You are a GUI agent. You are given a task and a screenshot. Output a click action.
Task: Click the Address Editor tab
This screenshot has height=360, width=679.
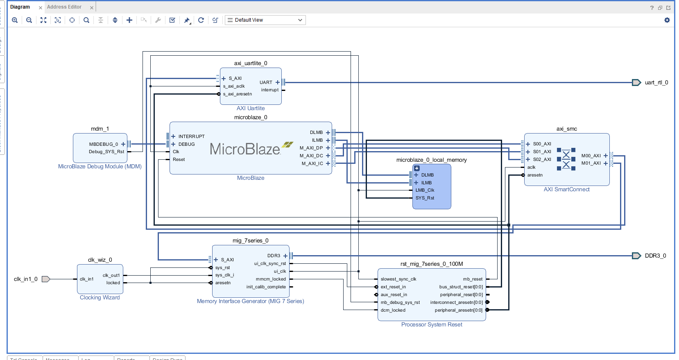pyautogui.click(x=64, y=7)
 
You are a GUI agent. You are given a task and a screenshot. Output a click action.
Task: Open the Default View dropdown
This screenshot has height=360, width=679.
pyautogui.click(x=265, y=20)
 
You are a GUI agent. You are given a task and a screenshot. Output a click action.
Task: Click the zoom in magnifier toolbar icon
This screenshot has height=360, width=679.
pyautogui.click(x=15, y=20)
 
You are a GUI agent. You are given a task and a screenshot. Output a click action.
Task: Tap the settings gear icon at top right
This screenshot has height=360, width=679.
pyautogui.click(x=667, y=20)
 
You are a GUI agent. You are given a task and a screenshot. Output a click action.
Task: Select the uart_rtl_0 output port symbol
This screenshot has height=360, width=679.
pyautogui.click(x=636, y=83)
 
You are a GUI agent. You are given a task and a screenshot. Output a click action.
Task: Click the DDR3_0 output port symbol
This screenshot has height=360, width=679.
pyautogui.click(x=636, y=256)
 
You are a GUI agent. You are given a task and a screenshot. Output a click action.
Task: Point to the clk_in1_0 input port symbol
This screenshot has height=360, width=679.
pyautogui.click(x=46, y=279)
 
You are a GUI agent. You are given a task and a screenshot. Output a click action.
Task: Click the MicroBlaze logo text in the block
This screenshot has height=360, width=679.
pyautogui.click(x=245, y=149)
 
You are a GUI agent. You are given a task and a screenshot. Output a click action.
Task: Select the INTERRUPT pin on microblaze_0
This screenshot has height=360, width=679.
pyautogui.click(x=191, y=136)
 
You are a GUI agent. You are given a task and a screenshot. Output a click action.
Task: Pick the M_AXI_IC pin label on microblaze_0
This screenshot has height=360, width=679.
pyautogui.click(x=312, y=163)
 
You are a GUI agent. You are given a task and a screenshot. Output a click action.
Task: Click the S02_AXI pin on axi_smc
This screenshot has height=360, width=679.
pyautogui.click(x=542, y=159)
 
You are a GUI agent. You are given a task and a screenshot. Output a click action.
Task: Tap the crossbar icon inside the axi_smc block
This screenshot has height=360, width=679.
pyautogui.click(x=566, y=159)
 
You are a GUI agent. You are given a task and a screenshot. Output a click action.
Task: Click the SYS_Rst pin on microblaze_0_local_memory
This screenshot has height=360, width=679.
pyautogui.click(x=425, y=198)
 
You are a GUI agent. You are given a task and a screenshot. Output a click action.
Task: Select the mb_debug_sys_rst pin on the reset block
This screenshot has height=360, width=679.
pyautogui.click(x=400, y=302)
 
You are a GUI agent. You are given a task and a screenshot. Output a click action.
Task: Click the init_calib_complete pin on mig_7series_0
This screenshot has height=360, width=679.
pyautogui.click(x=266, y=287)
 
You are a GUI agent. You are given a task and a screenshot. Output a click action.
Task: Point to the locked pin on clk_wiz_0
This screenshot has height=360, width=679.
pyautogui.click(x=113, y=283)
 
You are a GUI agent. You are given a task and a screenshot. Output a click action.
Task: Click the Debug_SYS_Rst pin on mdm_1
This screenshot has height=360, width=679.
pyautogui.click(x=106, y=152)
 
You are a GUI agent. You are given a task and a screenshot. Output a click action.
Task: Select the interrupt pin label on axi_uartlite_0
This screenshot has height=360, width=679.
pyautogui.click(x=269, y=90)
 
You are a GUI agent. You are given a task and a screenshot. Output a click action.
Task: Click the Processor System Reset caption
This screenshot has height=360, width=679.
pyautogui.click(x=432, y=324)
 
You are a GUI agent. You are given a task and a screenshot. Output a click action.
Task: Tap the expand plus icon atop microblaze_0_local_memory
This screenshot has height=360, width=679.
pyautogui.click(x=417, y=168)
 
